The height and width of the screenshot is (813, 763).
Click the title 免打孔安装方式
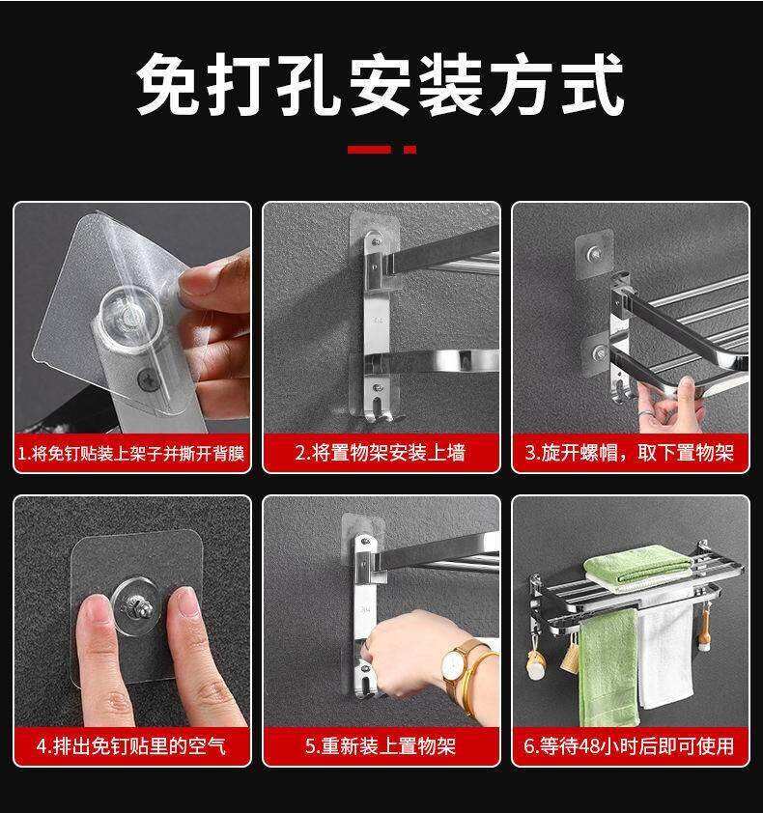click(x=381, y=84)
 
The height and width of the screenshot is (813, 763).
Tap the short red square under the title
click(x=410, y=150)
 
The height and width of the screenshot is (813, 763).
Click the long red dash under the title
click(x=369, y=150)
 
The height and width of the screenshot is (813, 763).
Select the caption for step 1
click(x=131, y=454)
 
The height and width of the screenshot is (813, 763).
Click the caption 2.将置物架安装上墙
click(x=381, y=453)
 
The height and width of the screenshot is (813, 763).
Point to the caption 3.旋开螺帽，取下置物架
click(x=630, y=453)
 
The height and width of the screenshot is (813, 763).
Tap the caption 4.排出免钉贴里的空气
click(x=131, y=746)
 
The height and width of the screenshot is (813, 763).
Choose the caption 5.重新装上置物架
click(x=381, y=746)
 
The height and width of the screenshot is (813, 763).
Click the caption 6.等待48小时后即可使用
click(x=630, y=746)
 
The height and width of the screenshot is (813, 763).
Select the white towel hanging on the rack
click(x=666, y=656)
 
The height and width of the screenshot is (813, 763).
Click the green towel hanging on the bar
click(x=608, y=669)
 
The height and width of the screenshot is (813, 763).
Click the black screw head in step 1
click(x=148, y=378)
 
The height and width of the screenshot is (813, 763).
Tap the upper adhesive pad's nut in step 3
click(x=594, y=254)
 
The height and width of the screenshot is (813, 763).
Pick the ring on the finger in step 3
click(x=645, y=413)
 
